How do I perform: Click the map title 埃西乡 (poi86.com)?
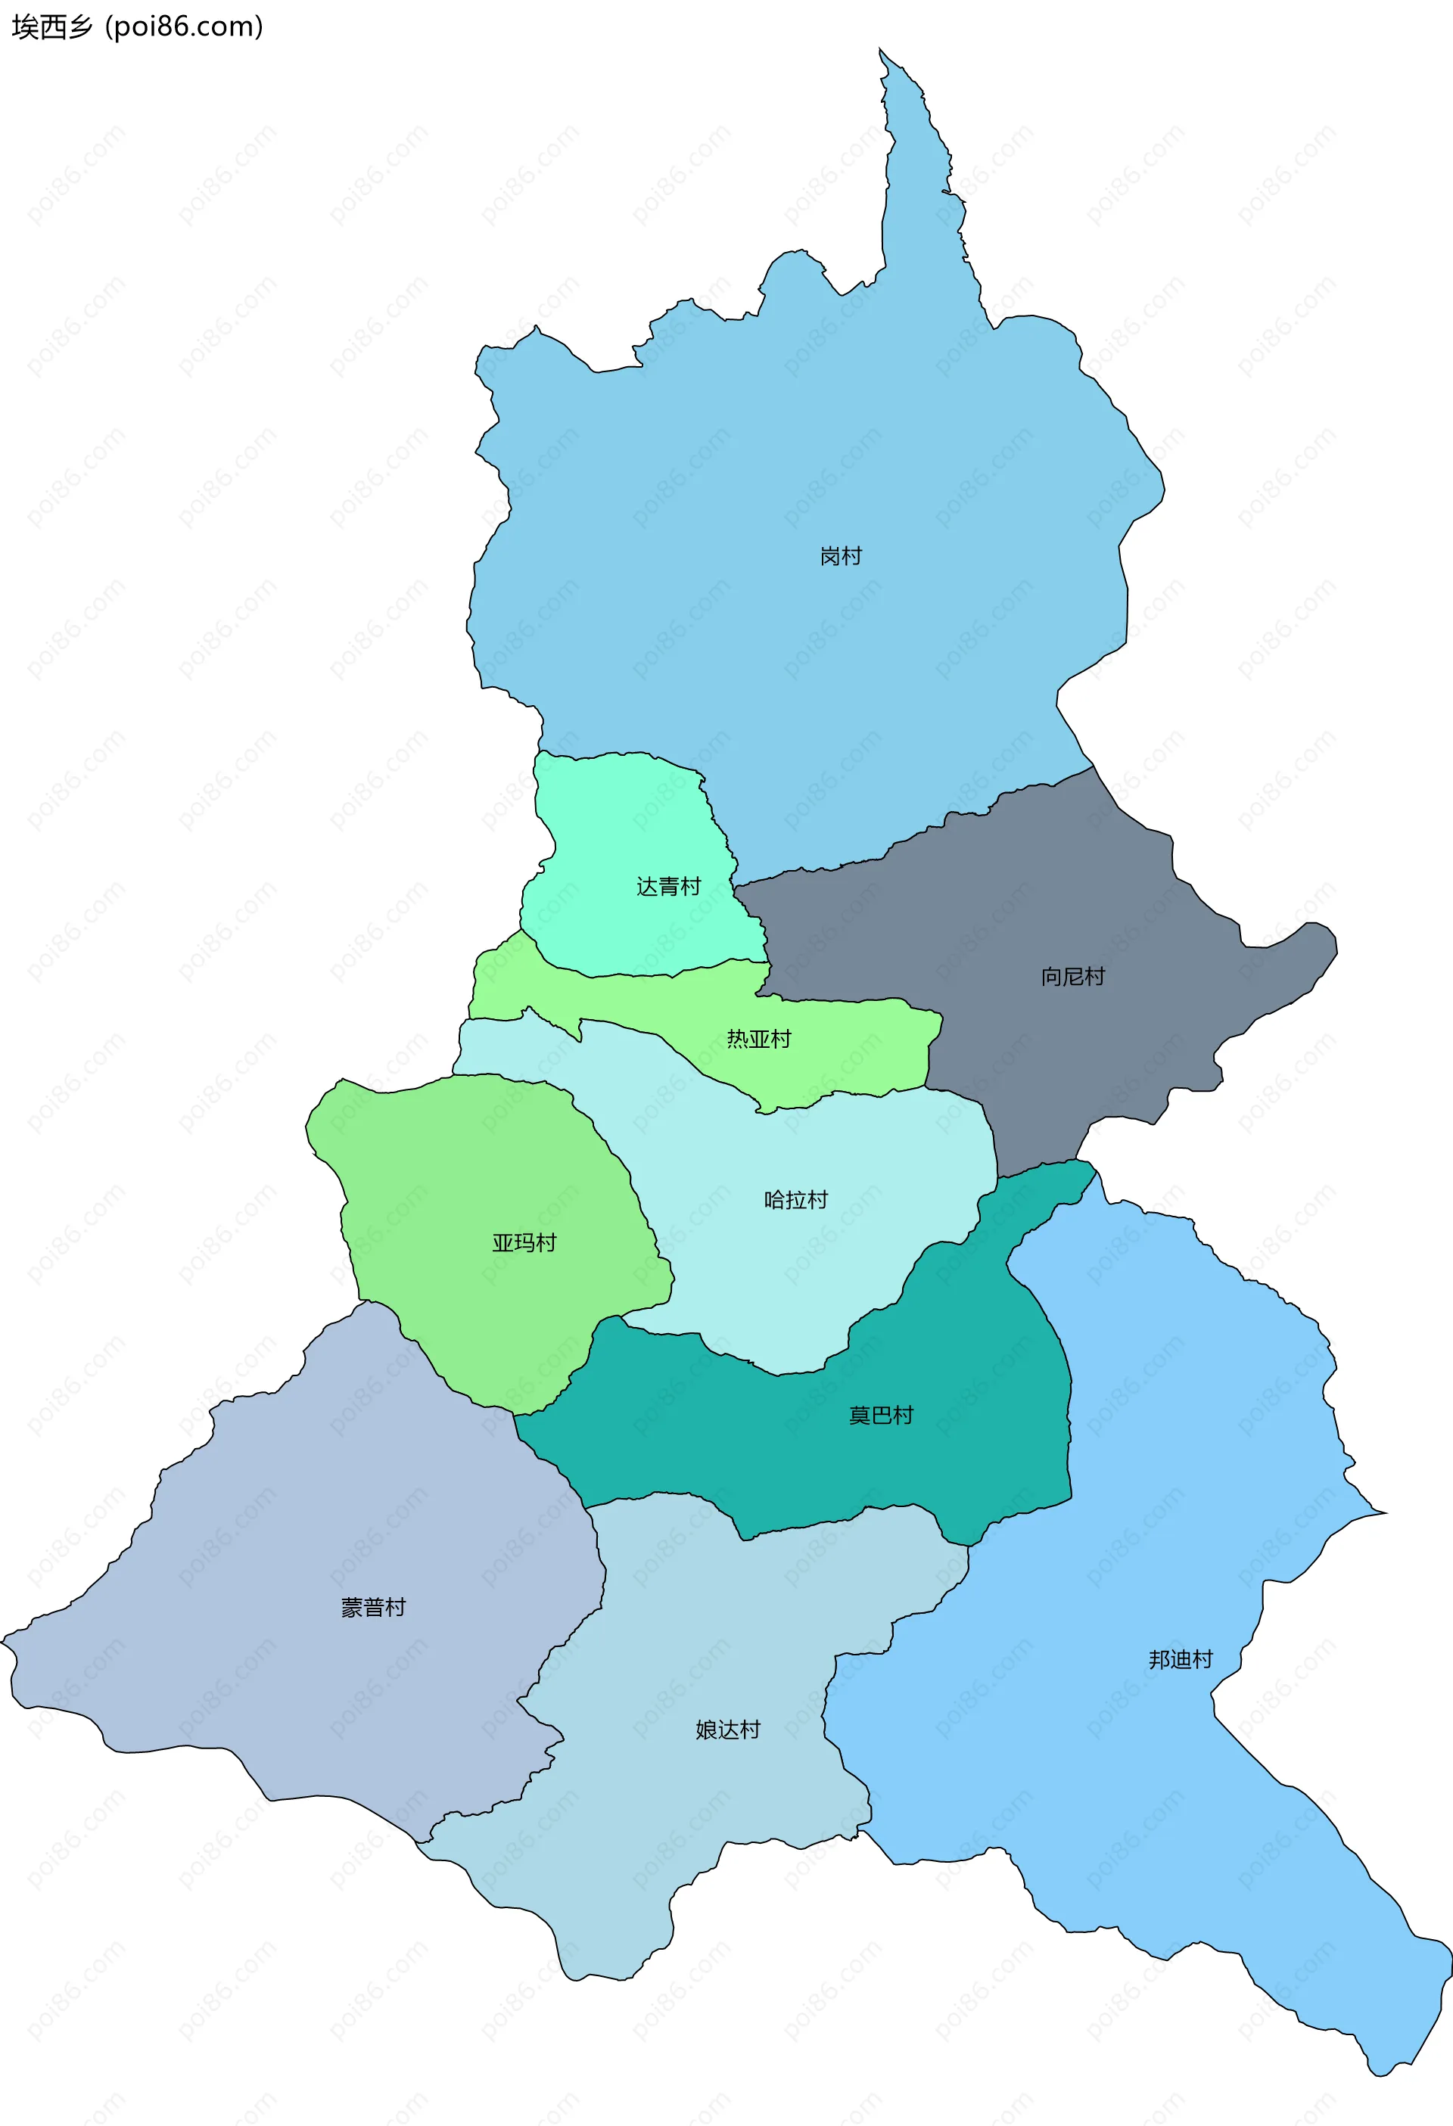[x=137, y=27]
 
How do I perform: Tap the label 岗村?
[x=840, y=556]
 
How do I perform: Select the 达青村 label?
[x=668, y=887]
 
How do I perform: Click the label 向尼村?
[x=1072, y=977]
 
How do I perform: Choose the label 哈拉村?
[x=795, y=1200]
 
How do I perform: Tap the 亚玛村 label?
[x=524, y=1243]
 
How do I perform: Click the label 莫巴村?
[x=880, y=1416]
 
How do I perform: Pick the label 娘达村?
[x=727, y=1730]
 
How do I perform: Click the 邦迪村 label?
[x=1181, y=1659]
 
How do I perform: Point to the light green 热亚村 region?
[x=842, y=1052]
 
